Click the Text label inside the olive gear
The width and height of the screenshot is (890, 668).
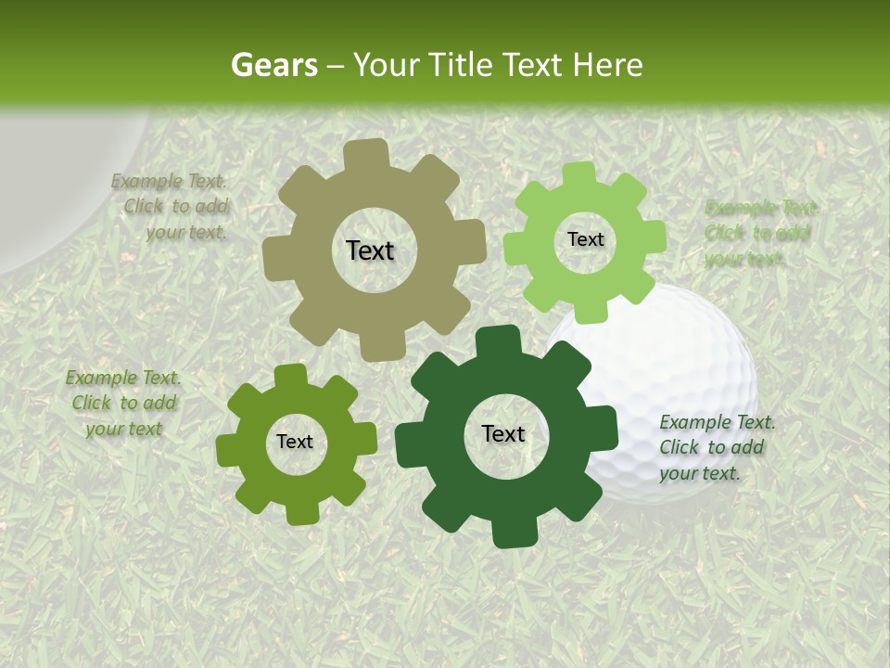[370, 250]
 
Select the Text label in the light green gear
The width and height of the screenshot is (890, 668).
[585, 239]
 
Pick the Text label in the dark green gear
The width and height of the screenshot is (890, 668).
[503, 433]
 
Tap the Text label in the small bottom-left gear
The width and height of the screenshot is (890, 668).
[295, 442]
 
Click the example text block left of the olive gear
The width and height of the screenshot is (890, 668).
[172, 207]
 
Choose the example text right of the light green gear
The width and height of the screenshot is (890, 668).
[759, 233]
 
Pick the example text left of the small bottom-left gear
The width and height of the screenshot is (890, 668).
[123, 403]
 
